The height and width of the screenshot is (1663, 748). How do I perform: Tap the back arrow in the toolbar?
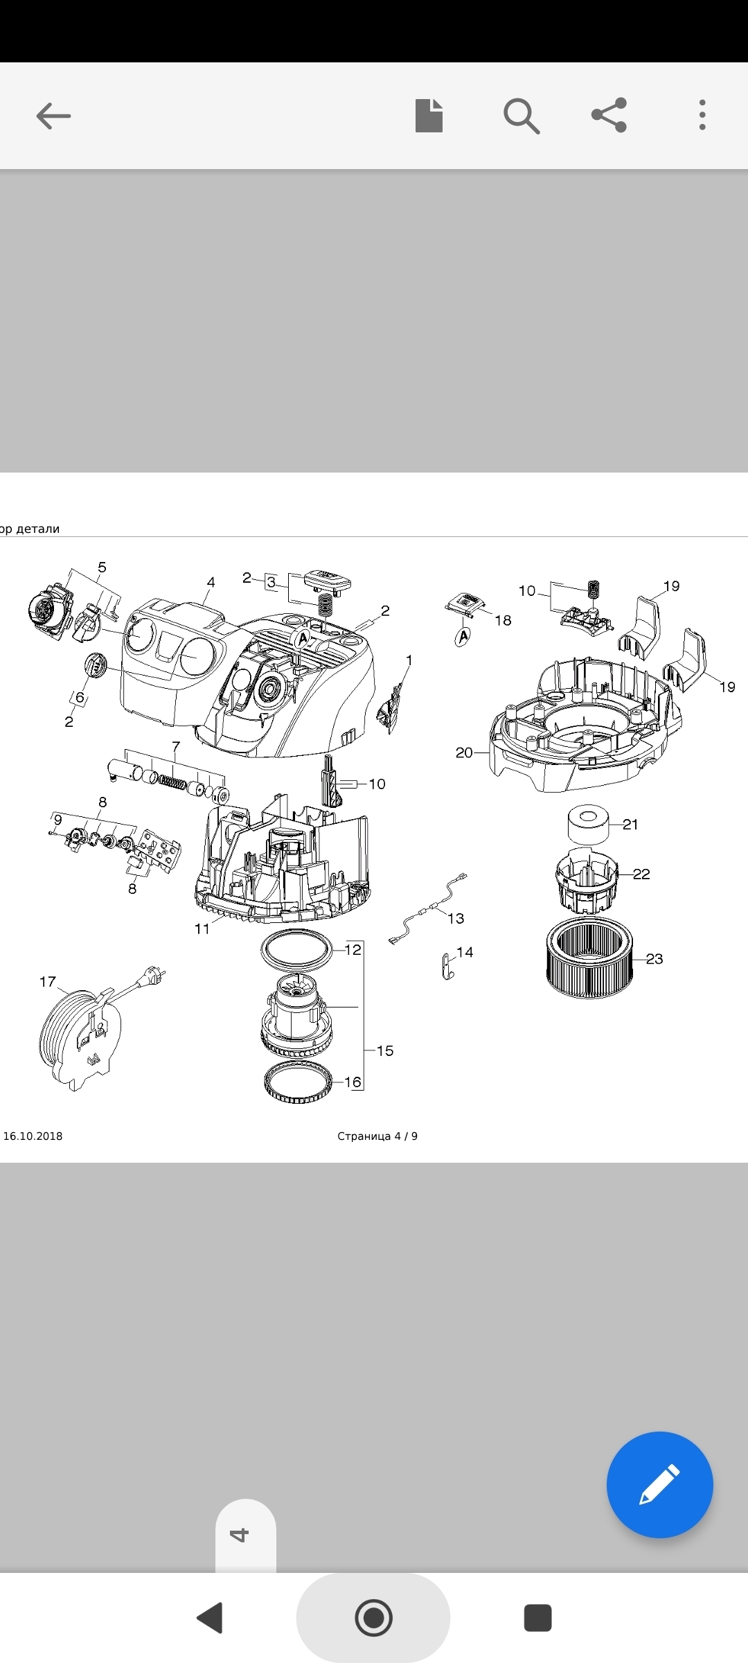coord(53,116)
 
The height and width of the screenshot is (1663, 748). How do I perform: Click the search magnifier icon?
coord(521,116)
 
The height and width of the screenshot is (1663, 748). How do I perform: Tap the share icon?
coord(609,115)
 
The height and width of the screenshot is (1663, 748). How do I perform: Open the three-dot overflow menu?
coord(702,115)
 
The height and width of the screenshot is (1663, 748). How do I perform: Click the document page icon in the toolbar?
coord(429,115)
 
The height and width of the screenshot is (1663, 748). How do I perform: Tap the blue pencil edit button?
coord(659,1484)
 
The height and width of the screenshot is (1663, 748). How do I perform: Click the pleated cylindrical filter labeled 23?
coord(589,957)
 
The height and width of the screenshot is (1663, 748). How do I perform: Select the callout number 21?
coord(630,824)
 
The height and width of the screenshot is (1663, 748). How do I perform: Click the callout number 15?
coord(385,1050)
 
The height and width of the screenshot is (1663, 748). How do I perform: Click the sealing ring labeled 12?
coord(296,949)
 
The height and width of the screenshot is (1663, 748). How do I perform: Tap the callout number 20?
coord(464,753)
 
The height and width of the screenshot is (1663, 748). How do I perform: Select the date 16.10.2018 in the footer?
coord(33,1136)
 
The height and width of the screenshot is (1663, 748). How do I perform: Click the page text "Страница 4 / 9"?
coord(377,1136)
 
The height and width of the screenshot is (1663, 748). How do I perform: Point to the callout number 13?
coord(456,918)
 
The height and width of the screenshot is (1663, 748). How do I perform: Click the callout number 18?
coord(503,620)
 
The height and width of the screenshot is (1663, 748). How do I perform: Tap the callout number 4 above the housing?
coord(211,582)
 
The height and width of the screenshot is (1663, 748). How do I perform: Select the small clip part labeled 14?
coord(447,966)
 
